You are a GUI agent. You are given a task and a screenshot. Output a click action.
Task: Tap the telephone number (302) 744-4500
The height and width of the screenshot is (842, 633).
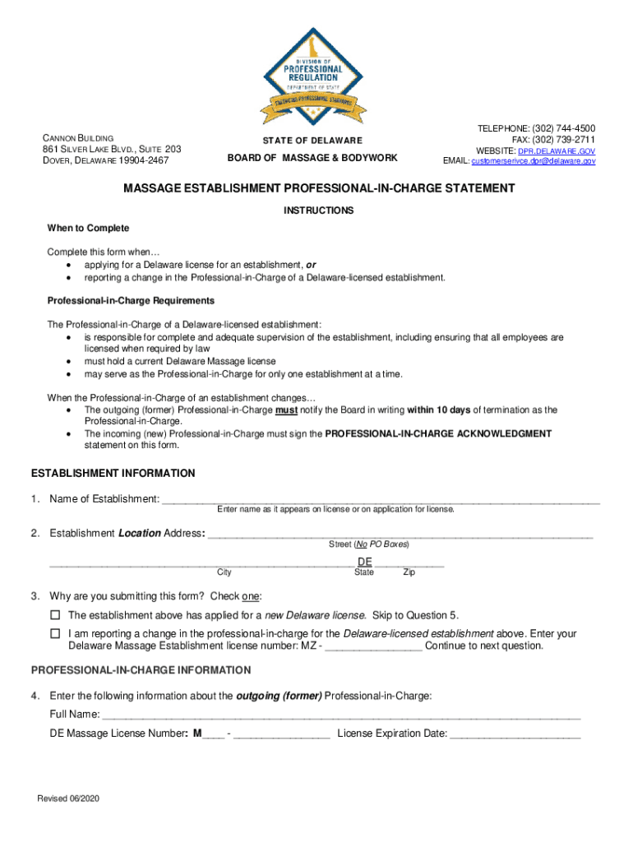pyautogui.click(x=564, y=128)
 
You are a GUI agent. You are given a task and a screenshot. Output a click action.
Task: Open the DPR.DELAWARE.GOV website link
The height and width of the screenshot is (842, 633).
pyautogui.click(x=557, y=151)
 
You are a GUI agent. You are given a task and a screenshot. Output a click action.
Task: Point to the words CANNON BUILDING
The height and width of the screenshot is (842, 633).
pyautogui.click(x=78, y=137)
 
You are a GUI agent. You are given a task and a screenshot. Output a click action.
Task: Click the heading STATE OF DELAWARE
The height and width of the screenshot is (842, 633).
pyautogui.click(x=312, y=141)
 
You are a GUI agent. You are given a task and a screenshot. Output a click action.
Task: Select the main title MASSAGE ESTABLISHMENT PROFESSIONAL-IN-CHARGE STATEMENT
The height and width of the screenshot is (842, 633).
pyautogui.click(x=319, y=189)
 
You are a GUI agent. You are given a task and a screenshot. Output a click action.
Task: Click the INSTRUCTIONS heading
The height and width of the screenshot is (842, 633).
pyautogui.click(x=319, y=211)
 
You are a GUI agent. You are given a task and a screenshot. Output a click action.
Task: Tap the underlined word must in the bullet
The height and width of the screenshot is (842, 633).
pyautogui.click(x=286, y=409)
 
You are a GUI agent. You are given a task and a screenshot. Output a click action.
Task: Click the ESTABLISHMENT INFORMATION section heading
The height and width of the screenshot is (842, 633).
pyautogui.click(x=113, y=474)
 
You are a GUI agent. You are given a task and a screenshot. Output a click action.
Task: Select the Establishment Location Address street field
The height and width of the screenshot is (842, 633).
pyautogui.click(x=400, y=533)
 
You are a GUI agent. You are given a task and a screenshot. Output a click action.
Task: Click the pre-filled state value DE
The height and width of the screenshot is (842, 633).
pyautogui.click(x=365, y=562)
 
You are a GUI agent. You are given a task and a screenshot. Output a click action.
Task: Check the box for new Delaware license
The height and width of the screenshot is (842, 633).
pyautogui.click(x=55, y=615)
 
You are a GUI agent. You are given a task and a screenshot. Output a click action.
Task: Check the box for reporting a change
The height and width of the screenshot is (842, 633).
pyautogui.click(x=55, y=634)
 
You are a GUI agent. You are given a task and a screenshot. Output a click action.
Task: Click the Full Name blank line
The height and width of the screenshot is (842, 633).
pyautogui.click(x=341, y=714)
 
